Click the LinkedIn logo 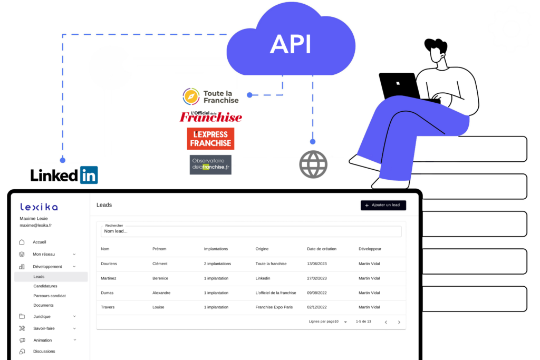(64, 175)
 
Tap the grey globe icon (313, 164)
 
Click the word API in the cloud (290, 44)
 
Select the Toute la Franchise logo (211, 96)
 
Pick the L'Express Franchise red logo (210, 139)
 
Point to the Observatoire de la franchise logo (210, 164)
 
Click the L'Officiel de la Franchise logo (211, 116)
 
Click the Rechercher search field (251, 231)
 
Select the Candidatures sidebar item (45, 286)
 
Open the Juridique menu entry (42, 317)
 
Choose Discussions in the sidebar (44, 352)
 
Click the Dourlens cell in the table (110, 264)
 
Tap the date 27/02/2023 (317, 278)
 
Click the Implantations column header (216, 249)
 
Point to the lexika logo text (39, 207)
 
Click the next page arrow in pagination (399, 322)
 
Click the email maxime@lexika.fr (36, 226)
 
